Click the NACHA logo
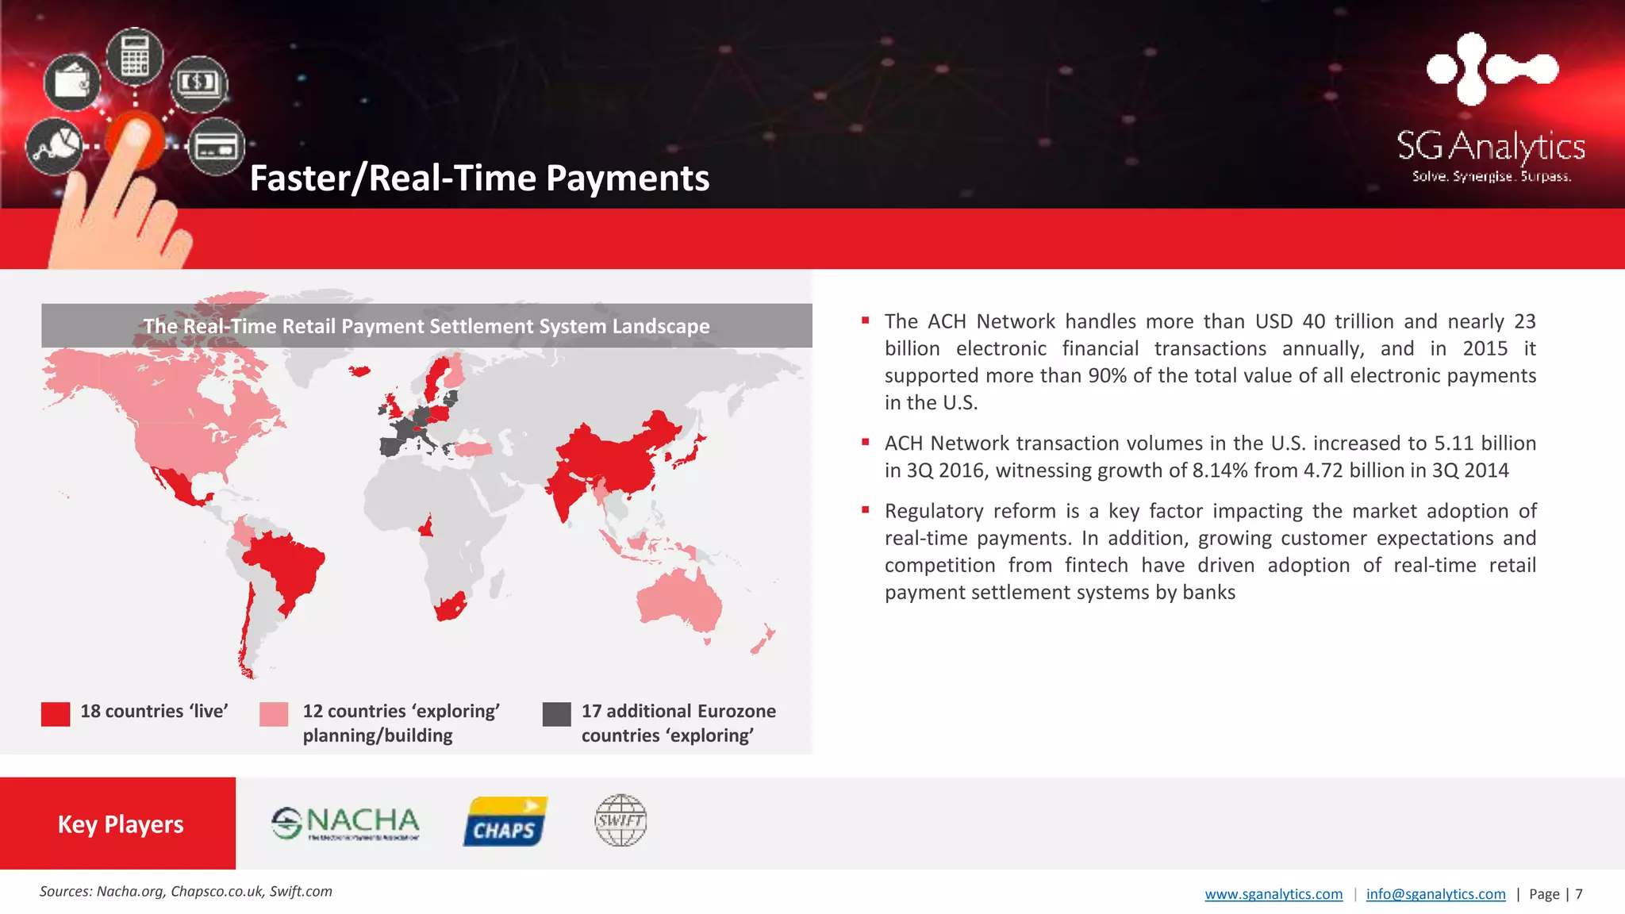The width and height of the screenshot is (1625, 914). tap(346, 823)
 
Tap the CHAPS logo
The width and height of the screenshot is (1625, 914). tap(505, 822)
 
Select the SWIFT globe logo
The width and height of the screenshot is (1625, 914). tap(620, 820)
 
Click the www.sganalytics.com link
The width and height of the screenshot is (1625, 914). tap(1273, 894)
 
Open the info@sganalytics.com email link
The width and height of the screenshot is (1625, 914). tap(1435, 894)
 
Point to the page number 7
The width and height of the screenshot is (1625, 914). tap(1579, 894)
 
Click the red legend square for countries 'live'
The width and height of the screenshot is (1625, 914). tap(56, 714)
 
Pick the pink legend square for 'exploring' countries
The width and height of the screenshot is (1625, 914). tap(274, 714)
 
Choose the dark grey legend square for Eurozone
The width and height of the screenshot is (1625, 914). tap(556, 714)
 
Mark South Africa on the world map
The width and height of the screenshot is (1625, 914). tap(449, 608)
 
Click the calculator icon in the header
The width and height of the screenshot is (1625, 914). tap(135, 56)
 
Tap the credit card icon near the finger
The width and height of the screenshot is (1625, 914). tap(216, 147)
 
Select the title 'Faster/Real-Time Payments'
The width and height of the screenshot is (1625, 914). tap(479, 179)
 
